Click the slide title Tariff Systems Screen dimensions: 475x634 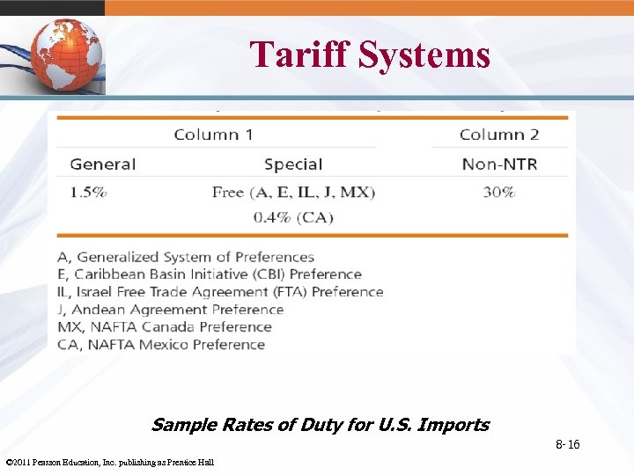(x=370, y=55)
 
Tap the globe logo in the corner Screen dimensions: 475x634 (x=67, y=55)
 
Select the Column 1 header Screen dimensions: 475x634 (x=213, y=135)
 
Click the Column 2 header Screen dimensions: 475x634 (x=499, y=135)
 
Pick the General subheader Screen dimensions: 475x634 (x=103, y=164)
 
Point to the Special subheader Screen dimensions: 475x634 (x=293, y=164)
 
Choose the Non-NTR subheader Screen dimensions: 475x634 (x=499, y=164)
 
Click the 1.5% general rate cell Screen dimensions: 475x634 (x=89, y=192)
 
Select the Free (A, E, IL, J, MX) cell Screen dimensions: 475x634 (x=293, y=192)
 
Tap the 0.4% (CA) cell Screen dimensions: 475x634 (x=293, y=217)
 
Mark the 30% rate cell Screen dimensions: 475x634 (x=499, y=192)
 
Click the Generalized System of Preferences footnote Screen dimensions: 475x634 (x=186, y=257)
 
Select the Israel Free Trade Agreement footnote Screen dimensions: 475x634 (x=220, y=292)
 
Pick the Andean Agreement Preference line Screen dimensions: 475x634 (x=171, y=310)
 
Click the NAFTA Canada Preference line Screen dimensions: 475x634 (x=165, y=327)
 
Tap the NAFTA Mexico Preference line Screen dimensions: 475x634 (x=161, y=345)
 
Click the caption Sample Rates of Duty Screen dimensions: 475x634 (x=320, y=425)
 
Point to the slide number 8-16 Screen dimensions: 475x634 (x=567, y=445)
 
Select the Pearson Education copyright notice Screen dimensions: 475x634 (x=109, y=463)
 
